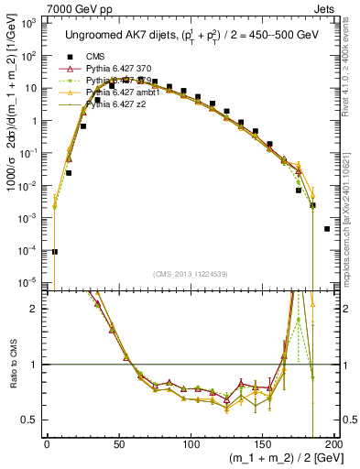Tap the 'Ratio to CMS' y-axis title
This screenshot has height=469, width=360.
tap(12, 365)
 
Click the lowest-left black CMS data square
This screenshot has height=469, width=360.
tap(54, 251)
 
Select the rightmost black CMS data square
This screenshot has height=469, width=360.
tap(328, 229)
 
